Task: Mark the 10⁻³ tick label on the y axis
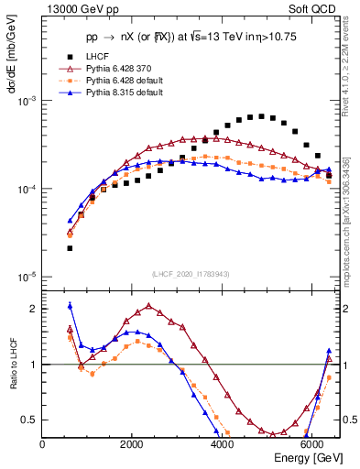click(27, 101)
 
